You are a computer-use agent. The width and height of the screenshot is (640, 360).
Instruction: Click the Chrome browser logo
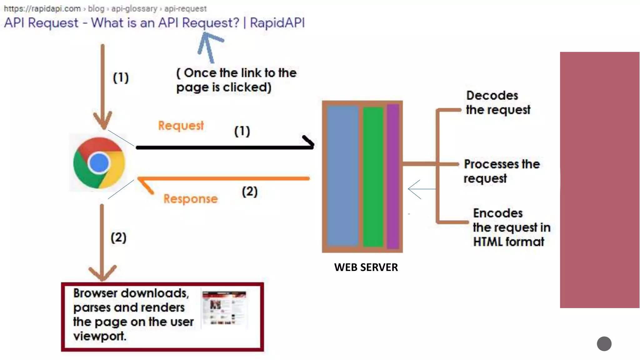99,163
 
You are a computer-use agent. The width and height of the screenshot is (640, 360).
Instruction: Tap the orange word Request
181,126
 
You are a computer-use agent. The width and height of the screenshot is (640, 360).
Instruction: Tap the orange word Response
190,199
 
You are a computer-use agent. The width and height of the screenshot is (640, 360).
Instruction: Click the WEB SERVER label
366,267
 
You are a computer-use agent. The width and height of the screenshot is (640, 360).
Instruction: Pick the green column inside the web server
373,177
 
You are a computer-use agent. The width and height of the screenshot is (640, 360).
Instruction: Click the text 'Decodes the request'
498,102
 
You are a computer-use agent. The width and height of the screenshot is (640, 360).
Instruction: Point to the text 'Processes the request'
501,171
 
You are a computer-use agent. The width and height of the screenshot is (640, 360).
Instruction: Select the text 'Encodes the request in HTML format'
511,227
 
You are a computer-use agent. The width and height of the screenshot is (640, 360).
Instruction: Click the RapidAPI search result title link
154,23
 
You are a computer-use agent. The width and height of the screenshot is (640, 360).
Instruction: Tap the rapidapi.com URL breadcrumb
105,8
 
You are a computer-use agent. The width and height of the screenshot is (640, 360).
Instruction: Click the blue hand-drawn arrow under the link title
208,47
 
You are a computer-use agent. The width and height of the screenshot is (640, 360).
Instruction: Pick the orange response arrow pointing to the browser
223,179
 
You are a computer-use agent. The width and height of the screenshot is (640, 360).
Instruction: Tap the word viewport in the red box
99,336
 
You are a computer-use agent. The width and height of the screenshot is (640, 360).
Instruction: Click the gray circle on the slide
604,344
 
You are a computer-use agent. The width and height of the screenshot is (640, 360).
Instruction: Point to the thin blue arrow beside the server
420,189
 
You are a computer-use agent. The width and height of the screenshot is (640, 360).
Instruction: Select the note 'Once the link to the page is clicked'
236,80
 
